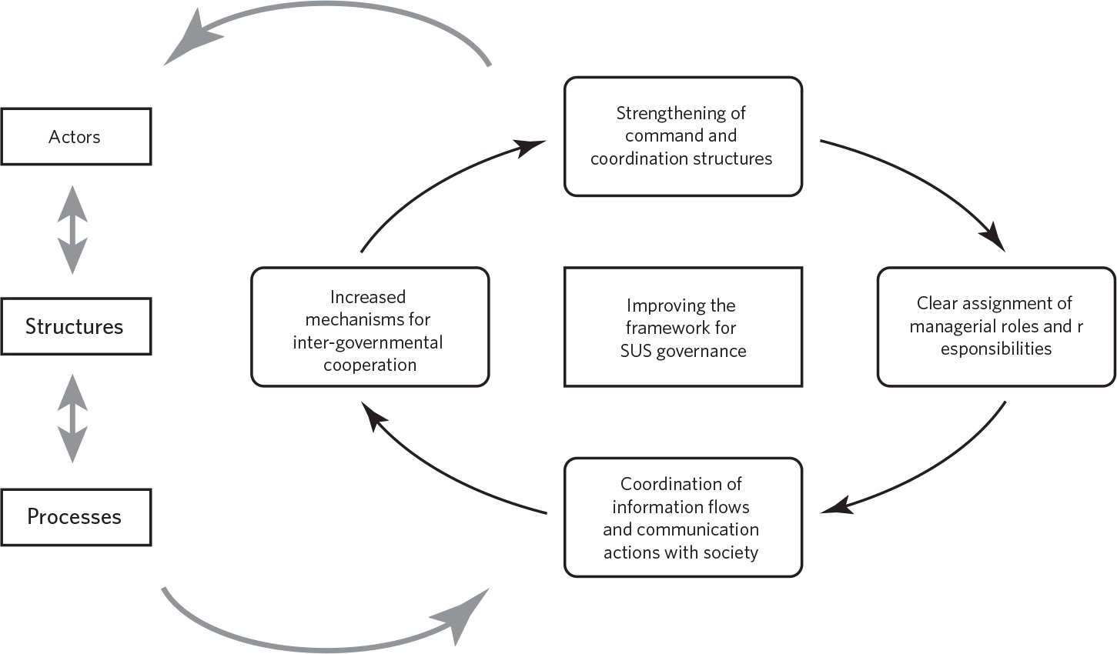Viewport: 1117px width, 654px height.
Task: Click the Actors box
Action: [x=75, y=137]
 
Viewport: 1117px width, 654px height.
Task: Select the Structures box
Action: [x=75, y=326]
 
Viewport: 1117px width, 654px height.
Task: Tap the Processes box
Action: [x=75, y=516]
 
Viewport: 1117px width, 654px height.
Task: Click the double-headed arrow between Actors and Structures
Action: [x=73, y=229]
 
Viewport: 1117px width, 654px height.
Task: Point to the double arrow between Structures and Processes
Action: [x=73, y=419]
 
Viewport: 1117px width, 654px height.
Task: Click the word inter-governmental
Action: [x=368, y=342]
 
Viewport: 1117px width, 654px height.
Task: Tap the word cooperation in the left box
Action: [x=370, y=365]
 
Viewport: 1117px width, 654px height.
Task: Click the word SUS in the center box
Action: [x=636, y=352]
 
